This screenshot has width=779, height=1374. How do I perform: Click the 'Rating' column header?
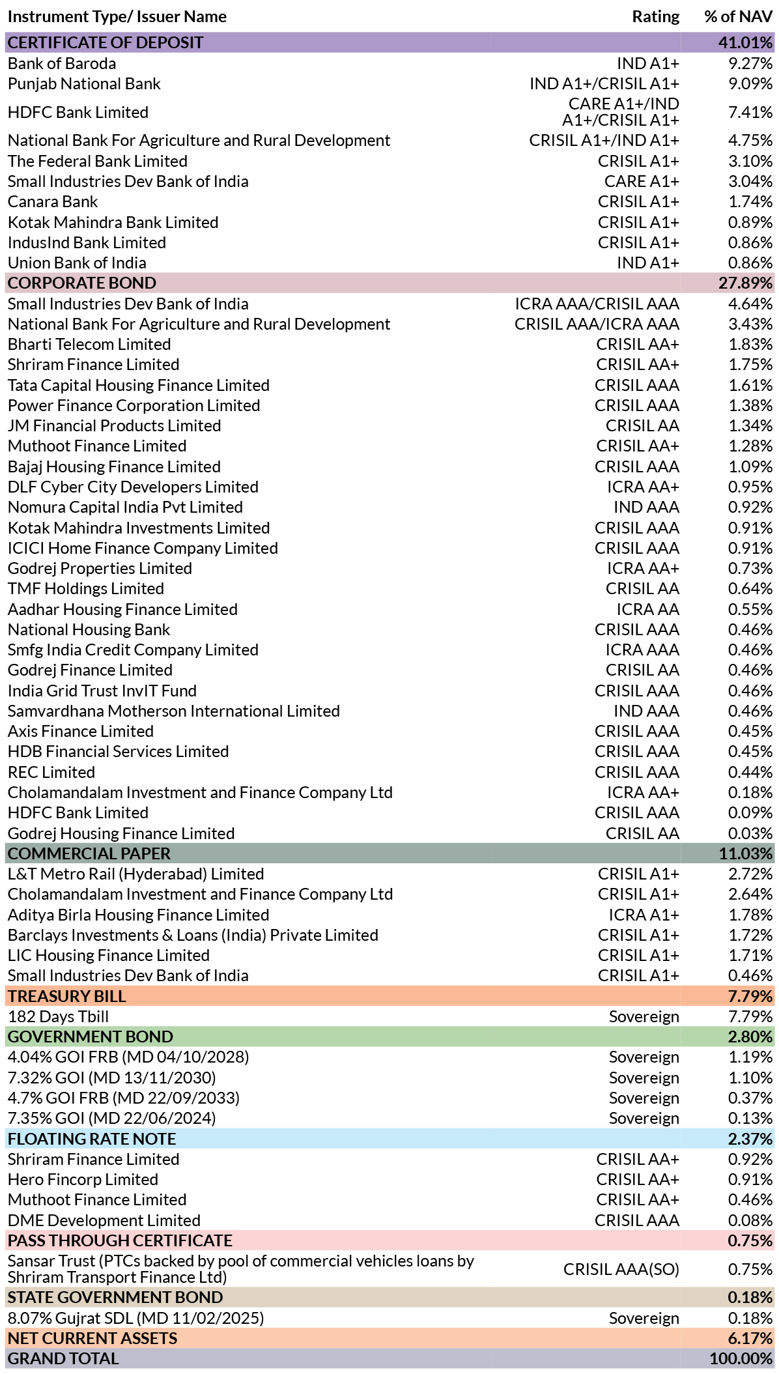[655, 17]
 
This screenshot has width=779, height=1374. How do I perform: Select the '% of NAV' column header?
[738, 17]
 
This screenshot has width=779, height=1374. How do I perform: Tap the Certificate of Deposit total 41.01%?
[745, 42]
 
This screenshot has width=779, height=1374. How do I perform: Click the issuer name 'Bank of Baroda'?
[62, 63]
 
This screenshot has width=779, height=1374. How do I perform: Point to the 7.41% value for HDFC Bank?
[750, 112]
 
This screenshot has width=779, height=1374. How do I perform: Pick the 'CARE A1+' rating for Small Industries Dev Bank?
[642, 181]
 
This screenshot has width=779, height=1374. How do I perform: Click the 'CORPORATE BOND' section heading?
[82, 283]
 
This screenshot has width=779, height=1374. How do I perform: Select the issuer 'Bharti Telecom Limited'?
[89, 344]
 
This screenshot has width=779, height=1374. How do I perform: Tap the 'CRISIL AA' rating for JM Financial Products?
[642, 425]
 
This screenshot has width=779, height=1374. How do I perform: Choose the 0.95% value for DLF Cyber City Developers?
[750, 487]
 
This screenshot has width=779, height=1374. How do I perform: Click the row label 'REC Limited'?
[51, 772]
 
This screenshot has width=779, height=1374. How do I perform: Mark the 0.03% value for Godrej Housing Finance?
[750, 833]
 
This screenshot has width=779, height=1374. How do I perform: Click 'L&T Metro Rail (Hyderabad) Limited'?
[136, 874]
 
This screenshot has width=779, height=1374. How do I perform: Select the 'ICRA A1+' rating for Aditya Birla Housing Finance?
[644, 915]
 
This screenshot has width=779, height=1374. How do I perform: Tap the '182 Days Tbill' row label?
[58, 1016]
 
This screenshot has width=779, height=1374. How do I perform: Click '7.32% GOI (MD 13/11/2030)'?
[112, 1078]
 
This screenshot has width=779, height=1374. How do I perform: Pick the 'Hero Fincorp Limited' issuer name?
[83, 1179]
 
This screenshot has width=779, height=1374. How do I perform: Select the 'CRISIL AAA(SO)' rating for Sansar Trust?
[621, 1269]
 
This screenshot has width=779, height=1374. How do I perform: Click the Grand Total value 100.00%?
[741, 1358]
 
